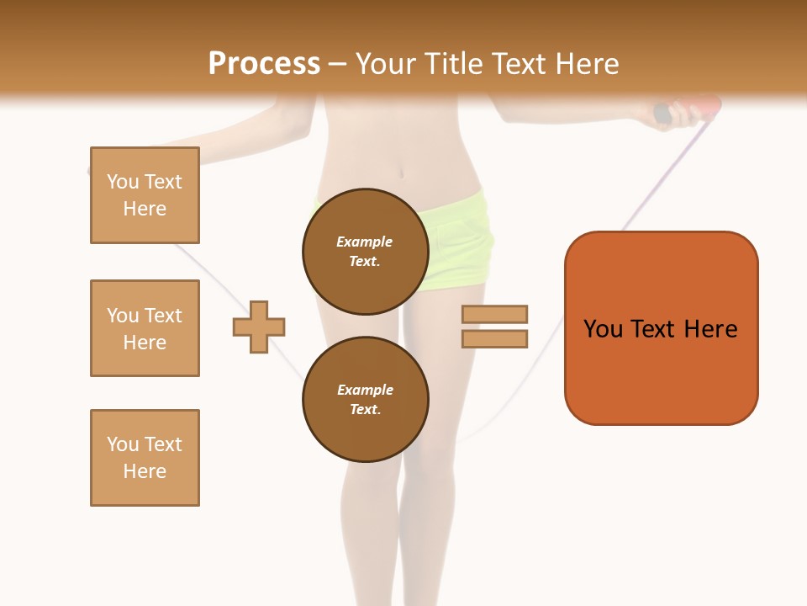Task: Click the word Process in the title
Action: (x=264, y=64)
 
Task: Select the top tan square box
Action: (x=145, y=195)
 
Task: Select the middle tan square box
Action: (x=145, y=328)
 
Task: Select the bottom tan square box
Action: (x=145, y=458)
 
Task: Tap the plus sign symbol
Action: (x=259, y=327)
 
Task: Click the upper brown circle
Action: (x=365, y=252)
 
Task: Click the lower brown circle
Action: (x=365, y=400)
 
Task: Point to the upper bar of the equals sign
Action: (x=494, y=314)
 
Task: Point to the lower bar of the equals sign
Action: (x=494, y=338)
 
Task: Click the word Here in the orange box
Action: (x=710, y=329)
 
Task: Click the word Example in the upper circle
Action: (x=365, y=242)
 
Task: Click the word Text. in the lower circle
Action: (x=365, y=410)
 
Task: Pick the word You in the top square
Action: (x=123, y=182)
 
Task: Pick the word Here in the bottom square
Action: (x=145, y=471)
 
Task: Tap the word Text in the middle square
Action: (x=162, y=316)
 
